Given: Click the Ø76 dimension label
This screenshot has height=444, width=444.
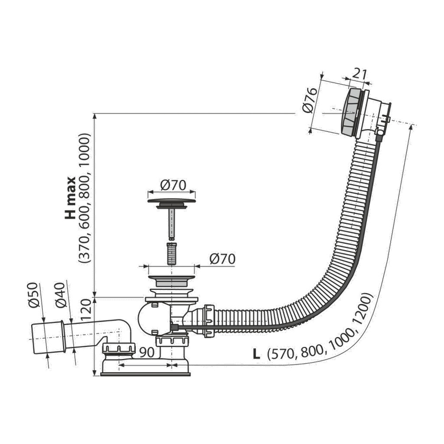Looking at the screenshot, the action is (309, 100).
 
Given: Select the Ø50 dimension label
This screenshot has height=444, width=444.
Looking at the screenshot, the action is (33, 295).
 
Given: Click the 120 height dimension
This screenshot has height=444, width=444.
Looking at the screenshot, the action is (86, 310).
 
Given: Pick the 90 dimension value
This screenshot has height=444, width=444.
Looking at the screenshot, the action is (147, 352).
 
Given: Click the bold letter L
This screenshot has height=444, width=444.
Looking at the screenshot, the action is (256, 354).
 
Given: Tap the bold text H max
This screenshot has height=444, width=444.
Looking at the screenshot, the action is (70, 198).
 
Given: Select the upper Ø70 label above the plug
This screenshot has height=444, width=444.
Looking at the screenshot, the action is (173, 185).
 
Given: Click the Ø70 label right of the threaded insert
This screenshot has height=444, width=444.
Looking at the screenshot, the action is (222, 259).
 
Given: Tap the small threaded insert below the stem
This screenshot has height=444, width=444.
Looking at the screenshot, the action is (171, 253).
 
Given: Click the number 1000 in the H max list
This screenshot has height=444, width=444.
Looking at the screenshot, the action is (85, 147).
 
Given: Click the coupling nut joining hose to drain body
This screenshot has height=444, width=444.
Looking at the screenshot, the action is (209, 321).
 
